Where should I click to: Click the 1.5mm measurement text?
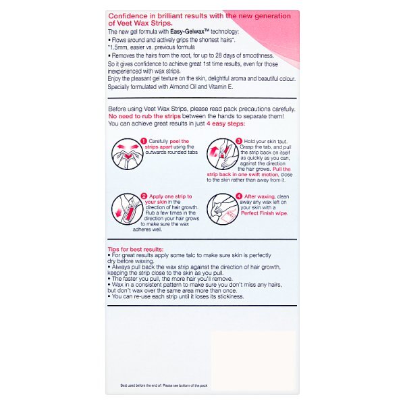point(122,46)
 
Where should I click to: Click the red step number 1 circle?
point(144,141)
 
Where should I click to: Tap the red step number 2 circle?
point(144,196)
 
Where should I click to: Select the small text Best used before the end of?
point(144,385)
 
